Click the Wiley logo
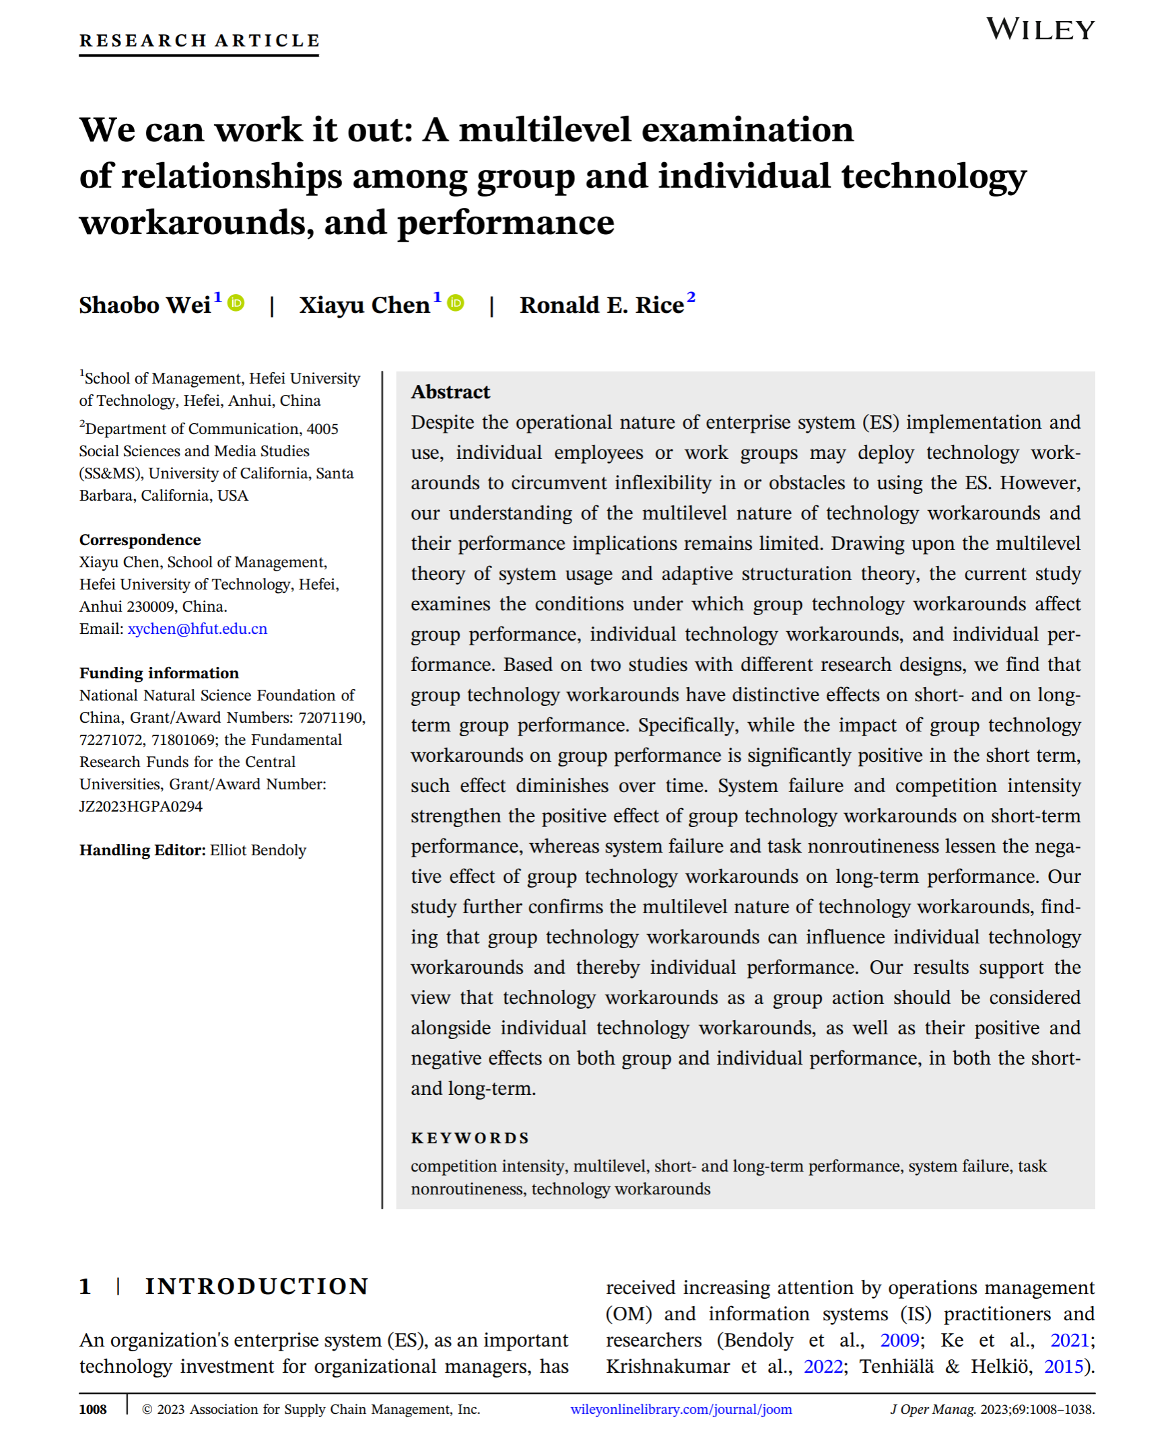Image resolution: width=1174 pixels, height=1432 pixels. [1039, 30]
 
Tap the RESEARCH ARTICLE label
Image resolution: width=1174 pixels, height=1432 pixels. [199, 40]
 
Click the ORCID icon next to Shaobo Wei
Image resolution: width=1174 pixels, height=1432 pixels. [236, 303]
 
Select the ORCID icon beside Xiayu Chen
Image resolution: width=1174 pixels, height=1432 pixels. [456, 303]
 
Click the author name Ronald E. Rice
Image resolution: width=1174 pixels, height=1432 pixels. [601, 306]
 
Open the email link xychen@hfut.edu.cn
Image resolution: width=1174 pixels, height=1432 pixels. [197, 629]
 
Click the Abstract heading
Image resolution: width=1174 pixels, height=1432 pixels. [450, 392]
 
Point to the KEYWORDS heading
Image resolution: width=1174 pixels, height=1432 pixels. [470, 1138]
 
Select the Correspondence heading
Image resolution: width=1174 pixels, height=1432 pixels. [140, 540]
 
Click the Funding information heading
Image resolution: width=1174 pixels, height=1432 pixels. [159, 673]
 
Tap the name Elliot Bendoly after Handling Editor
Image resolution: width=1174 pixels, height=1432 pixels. [258, 850]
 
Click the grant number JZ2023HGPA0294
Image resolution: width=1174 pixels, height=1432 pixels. [141, 806]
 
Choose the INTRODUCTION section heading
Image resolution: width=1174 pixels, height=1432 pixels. [257, 1286]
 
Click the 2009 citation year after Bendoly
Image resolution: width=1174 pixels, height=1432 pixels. [899, 1340]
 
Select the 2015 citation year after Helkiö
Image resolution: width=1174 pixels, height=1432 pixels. [1064, 1367]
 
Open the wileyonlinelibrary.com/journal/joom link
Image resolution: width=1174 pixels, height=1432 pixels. [681, 1409]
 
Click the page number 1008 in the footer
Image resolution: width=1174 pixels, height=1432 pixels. [94, 1410]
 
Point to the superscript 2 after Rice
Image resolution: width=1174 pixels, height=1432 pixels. [691, 297]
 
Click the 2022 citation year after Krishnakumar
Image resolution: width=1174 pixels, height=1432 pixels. [823, 1367]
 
